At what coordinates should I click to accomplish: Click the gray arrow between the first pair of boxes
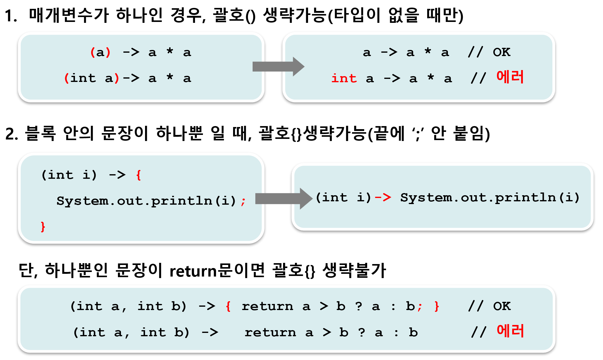(x=278, y=66)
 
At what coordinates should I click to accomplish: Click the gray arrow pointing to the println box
(x=283, y=199)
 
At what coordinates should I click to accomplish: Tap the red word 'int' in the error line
(x=344, y=79)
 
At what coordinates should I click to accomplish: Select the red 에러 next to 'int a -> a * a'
(x=510, y=77)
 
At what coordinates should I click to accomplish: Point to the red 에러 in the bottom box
(x=510, y=331)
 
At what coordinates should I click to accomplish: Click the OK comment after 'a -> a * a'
(x=502, y=52)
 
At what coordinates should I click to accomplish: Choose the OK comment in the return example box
(x=502, y=306)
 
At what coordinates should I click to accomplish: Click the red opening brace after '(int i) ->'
(x=139, y=175)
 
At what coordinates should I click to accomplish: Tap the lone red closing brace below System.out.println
(x=43, y=227)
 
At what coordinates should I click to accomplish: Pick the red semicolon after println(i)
(x=243, y=201)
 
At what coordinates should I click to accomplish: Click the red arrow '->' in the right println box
(x=383, y=198)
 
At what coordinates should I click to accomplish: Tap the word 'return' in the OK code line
(x=267, y=306)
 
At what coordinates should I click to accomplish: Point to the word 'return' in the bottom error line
(x=270, y=333)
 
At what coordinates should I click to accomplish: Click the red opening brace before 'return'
(x=228, y=306)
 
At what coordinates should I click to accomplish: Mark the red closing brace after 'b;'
(x=437, y=306)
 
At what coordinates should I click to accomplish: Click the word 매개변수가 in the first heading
(x=69, y=15)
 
